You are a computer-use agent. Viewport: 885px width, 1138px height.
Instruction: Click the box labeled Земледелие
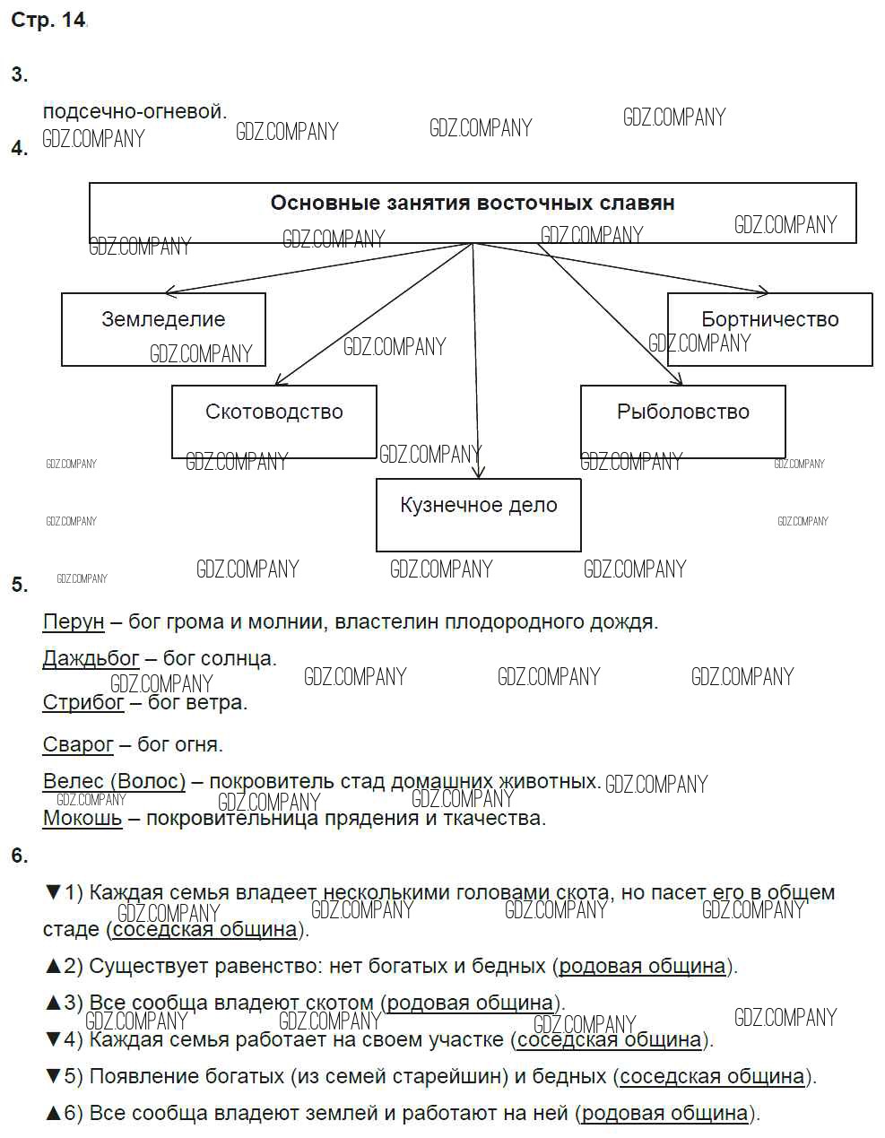(x=163, y=328)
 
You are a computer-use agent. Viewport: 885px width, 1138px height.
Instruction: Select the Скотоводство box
(x=273, y=421)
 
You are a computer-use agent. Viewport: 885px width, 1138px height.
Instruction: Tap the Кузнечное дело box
(x=478, y=514)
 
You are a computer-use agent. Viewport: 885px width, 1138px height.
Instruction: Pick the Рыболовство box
(x=682, y=421)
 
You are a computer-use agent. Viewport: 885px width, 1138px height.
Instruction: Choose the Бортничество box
(x=769, y=328)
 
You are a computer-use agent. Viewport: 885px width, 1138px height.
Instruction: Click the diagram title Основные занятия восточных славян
(x=473, y=204)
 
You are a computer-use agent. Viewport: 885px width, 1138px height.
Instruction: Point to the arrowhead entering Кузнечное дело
(x=478, y=473)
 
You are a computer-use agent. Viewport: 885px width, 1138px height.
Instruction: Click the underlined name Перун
(x=74, y=621)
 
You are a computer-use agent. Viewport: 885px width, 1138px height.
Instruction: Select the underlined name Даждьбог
(x=91, y=659)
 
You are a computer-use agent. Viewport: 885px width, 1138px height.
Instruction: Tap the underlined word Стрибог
(x=83, y=702)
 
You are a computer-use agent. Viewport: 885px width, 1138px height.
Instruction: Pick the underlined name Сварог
(x=78, y=744)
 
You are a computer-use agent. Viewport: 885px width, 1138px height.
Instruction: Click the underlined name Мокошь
(x=82, y=818)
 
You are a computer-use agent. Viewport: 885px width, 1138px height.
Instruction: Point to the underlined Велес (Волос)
(x=114, y=781)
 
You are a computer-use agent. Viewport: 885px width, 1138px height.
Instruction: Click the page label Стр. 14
(x=48, y=21)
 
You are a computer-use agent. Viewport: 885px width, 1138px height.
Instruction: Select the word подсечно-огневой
(x=134, y=112)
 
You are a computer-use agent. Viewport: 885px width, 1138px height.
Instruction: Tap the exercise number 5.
(x=20, y=585)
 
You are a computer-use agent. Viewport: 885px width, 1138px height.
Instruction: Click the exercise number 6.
(x=20, y=856)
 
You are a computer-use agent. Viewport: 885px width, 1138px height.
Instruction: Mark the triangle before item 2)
(x=52, y=966)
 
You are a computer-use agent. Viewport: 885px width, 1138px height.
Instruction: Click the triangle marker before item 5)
(x=52, y=1076)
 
